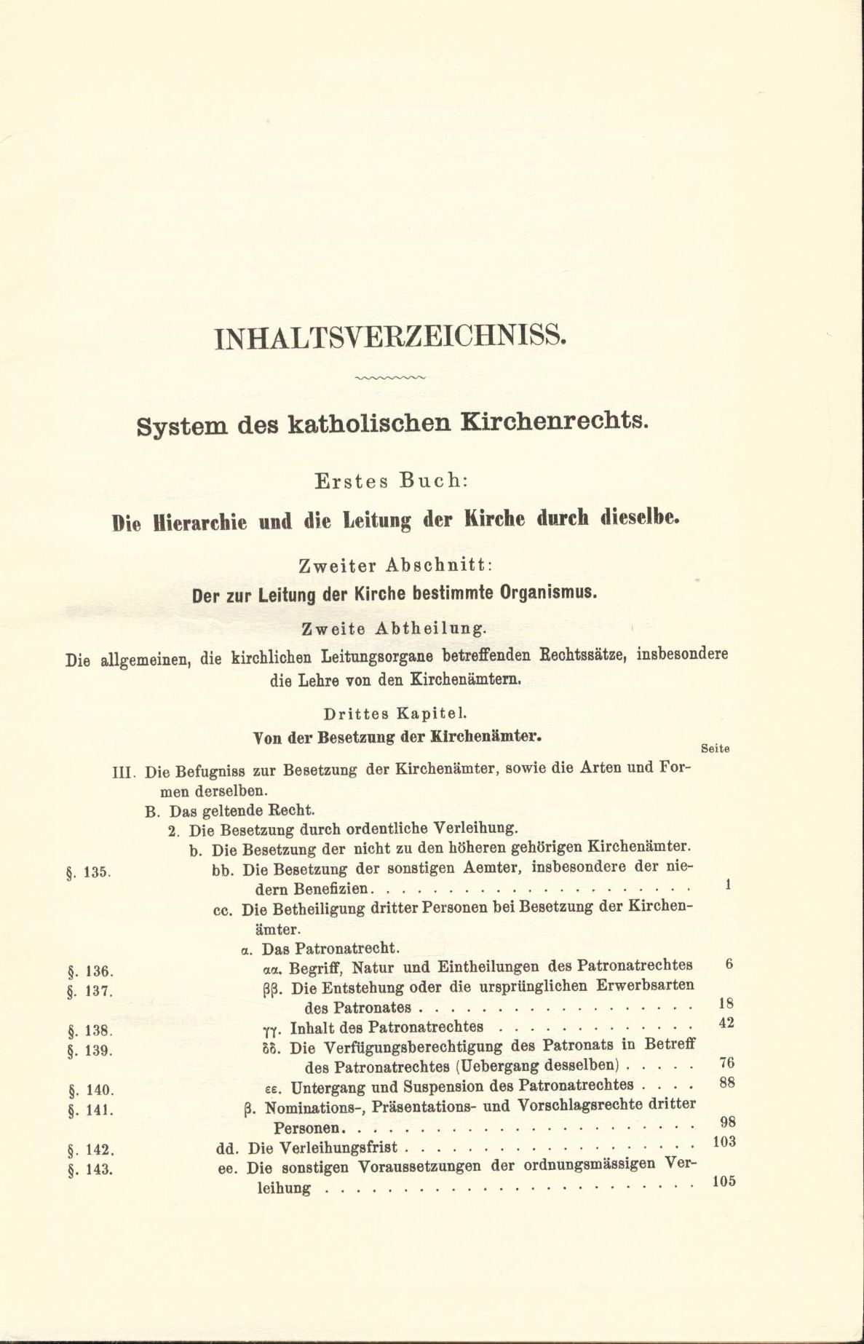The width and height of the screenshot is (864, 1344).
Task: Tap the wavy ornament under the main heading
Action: coord(390,379)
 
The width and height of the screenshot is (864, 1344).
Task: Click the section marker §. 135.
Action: coord(87,873)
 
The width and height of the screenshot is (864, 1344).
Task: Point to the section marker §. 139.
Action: coord(87,1051)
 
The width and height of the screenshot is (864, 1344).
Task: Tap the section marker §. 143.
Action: coord(87,1169)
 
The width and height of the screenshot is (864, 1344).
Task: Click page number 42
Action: coord(726,1023)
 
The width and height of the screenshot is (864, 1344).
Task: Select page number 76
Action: coord(726,1062)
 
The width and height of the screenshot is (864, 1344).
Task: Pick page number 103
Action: coord(723,1142)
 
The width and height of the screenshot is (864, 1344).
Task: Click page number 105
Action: coord(723,1182)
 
